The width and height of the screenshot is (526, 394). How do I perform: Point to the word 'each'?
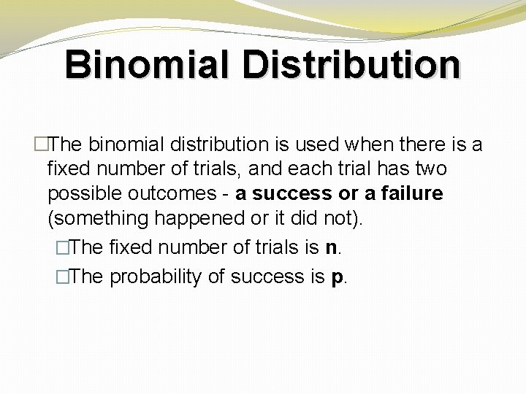[309, 169]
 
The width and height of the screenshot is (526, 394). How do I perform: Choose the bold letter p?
[337, 278]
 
